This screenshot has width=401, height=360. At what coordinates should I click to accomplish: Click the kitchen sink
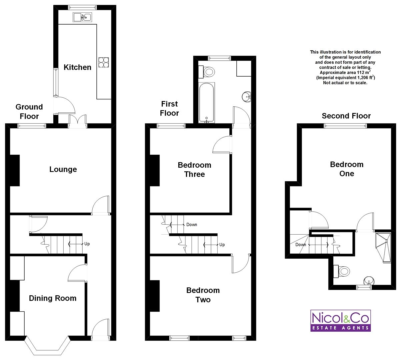click(x=82, y=17)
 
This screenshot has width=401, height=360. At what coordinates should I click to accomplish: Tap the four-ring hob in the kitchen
click(x=104, y=62)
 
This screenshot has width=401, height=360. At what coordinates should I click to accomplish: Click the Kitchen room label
click(x=77, y=67)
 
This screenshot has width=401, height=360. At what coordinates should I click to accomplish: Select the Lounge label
click(x=63, y=169)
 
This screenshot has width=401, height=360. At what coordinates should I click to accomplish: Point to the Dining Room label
click(x=53, y=298)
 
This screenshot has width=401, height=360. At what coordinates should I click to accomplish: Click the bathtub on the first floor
click(x=206, y=103)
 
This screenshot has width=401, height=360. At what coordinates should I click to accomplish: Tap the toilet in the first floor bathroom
click(x=207, y=72)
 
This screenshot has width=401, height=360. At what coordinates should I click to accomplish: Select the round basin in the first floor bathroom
click(x=247, y=97)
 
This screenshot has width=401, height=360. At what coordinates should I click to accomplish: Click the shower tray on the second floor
click(x=383, y=248)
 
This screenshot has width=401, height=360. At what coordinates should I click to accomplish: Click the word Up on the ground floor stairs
click(x=87, y=244)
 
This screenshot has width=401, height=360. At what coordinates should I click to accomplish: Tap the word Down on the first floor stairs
click(x=192, y=225)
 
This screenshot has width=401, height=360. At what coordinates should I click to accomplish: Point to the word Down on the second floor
click(x=301, y=245)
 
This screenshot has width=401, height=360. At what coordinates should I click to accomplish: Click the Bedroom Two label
click(x=203, y=295)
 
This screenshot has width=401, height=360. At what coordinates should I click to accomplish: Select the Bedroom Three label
click(x=195, y=170)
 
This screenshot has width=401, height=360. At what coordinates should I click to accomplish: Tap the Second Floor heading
click(x=346, y=116)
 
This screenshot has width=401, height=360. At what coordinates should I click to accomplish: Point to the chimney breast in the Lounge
click(x=15, y=170)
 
